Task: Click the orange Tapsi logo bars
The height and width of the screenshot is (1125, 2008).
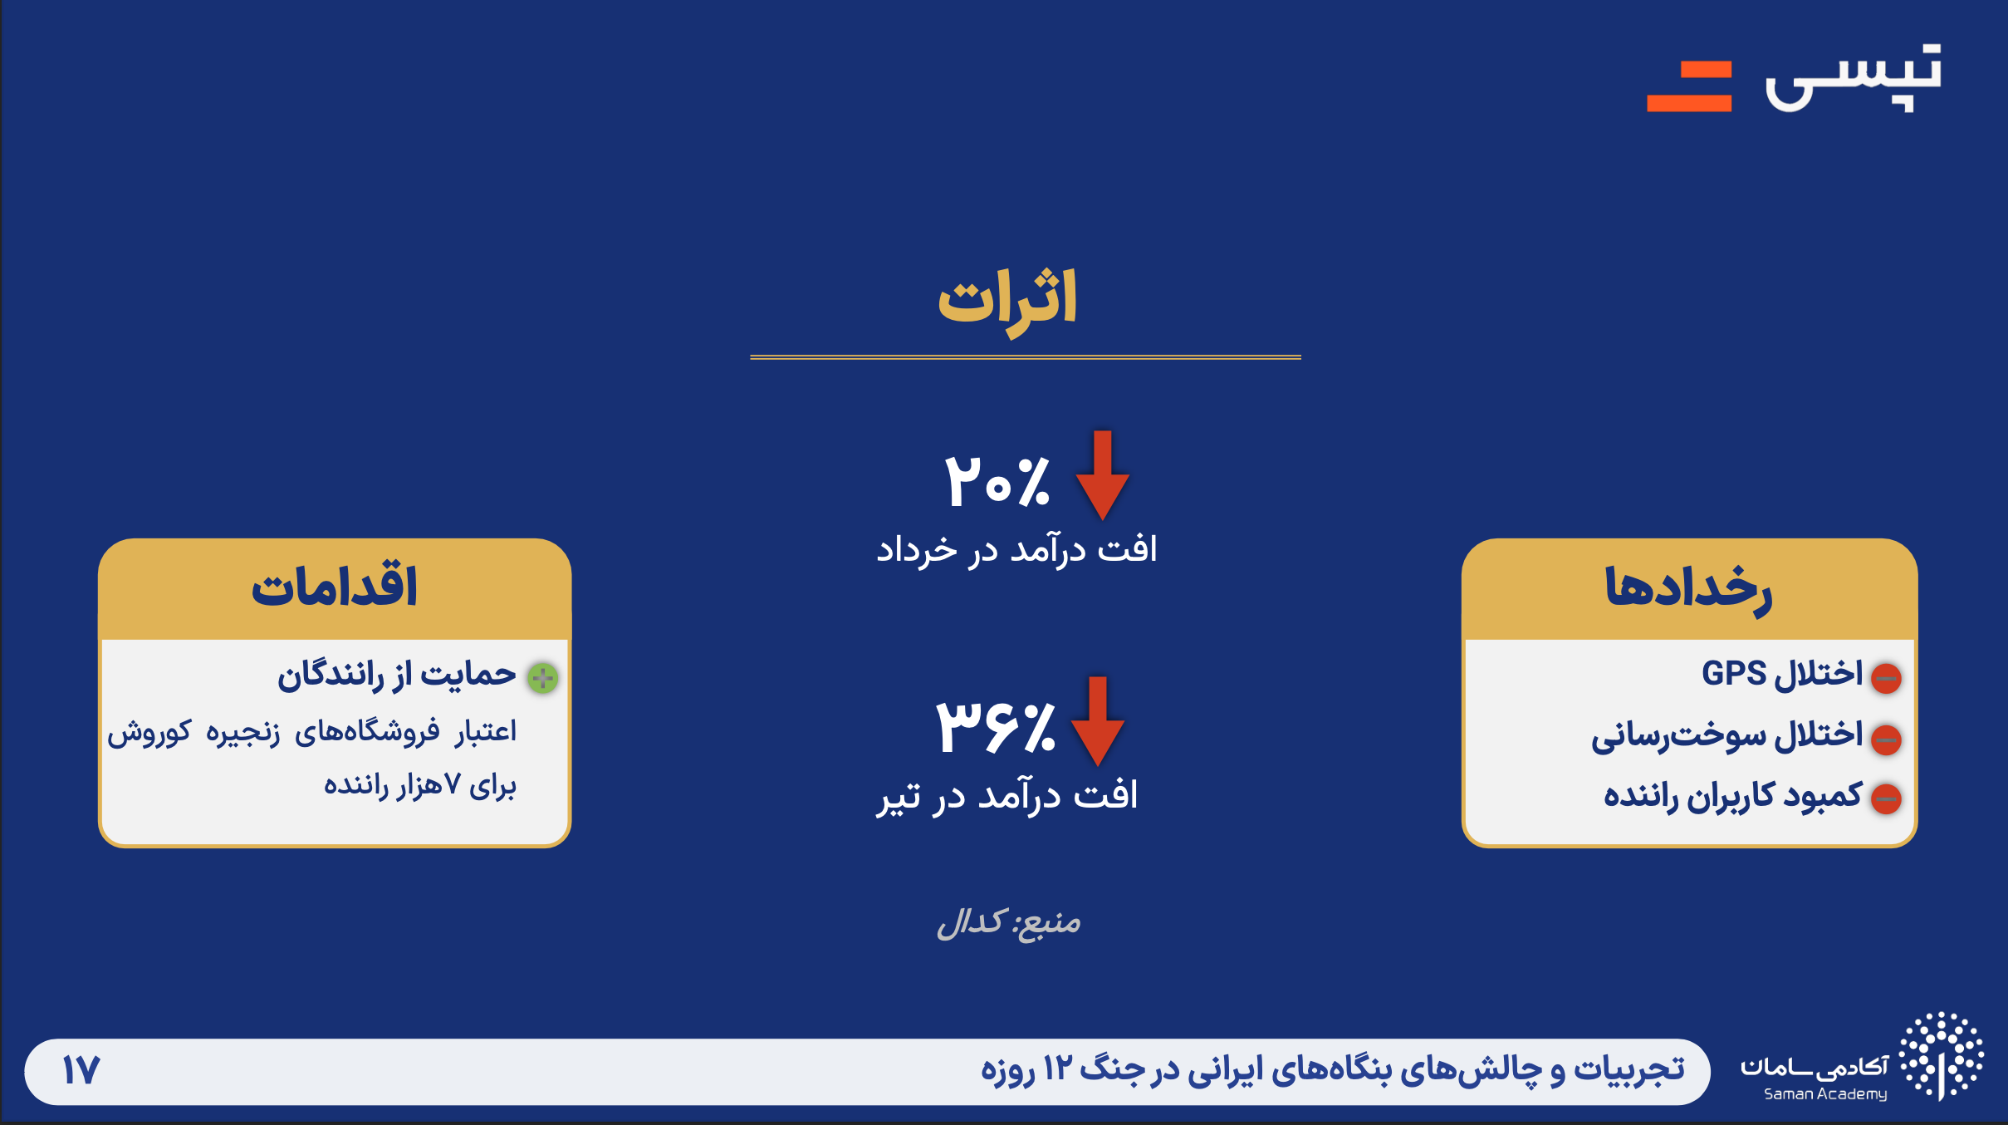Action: pyautogui.click(x=1689, y=86)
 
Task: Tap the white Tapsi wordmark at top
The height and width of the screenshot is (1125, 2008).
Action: pyautogui.click(x=1854, y=78)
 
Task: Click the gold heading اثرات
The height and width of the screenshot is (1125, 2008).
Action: pyautogui.click(x=1007, y=301)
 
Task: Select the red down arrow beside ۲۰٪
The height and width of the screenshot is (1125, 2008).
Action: pyautogui.click(x=1102, y=475)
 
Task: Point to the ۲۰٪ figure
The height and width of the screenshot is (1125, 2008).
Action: pyautogui.click(x=997, y=481)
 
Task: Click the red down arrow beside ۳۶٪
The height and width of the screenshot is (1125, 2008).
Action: pyautogui.click(x=1097, y=721)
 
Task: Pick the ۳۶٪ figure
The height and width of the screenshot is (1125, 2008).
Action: pyautogui.click(x=996, y=726)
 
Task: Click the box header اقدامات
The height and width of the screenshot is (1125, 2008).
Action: pyautogui.click(x=334, y=588)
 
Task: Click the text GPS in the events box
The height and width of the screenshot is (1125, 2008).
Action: pyautogui.click(x=1734, y=673)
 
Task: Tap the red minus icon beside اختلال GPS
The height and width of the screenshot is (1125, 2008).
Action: pyautogui.click(x=1886, y=678)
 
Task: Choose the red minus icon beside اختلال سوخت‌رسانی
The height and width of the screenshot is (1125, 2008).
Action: pyautogui.click(x=1886, y=739)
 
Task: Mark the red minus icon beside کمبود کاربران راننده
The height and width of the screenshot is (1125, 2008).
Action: pyautogui.click(x=1886, y=799)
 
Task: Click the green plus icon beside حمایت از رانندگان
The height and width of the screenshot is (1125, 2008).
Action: pyautogui.click(x=543, y=678)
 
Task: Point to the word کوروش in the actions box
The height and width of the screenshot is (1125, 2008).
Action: pyautogui.click(x=149, y=733)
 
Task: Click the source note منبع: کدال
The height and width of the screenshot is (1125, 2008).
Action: pyautogui.click(x=1009, y=922)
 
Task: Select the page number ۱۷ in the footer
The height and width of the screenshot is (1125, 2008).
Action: pyautogui.click(x=81, y=1070)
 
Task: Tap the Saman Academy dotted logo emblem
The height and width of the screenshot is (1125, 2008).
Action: pyautogui.click(x=1942, y=1056)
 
